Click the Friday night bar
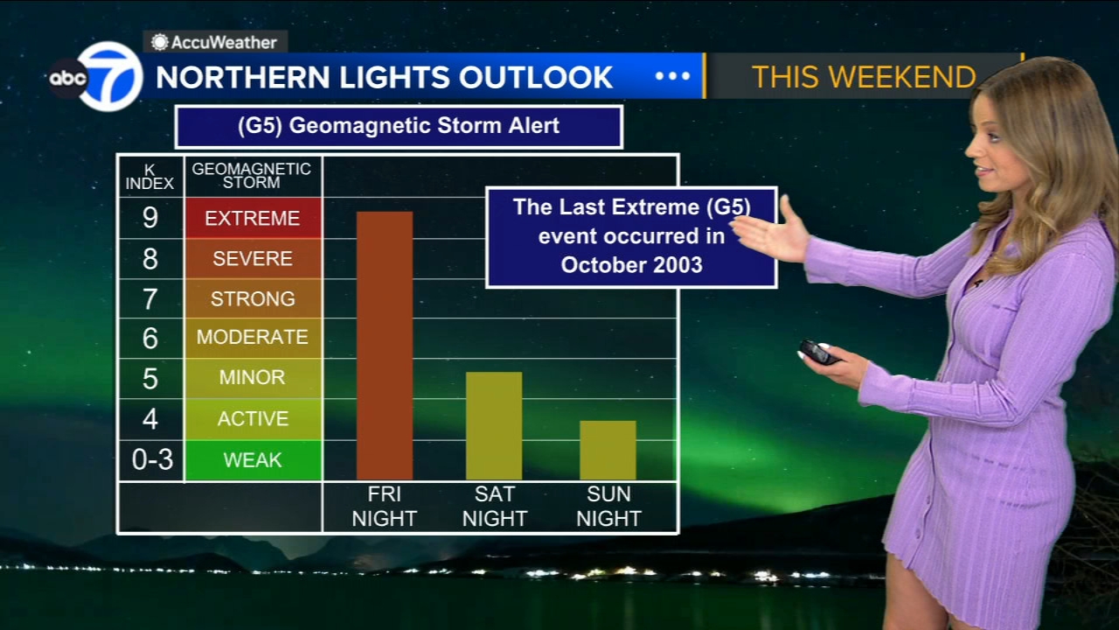tap(385, 346)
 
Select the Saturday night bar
tap(494, 426)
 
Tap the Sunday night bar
tap(608, 451)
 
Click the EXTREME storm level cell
tap(253, 218)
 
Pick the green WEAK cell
tap(253, 460)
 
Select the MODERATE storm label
tap(253, 337)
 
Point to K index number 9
tap(149, 218)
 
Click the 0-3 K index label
tap(152, 459)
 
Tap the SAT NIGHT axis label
tap(495, 507)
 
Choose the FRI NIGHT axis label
tap(384, 507)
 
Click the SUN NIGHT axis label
tap(608, 507)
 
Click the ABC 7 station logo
tap(96, 76)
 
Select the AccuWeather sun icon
tap(160, 43)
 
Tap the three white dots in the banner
tap(672, 76)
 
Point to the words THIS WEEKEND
tap(864, 77)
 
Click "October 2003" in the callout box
tap(631, 265)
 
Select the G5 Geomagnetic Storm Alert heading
tap(399, 126)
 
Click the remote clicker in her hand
tap(818, 353)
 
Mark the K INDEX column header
tap(149, 177)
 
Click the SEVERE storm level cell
tap(253, 258)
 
